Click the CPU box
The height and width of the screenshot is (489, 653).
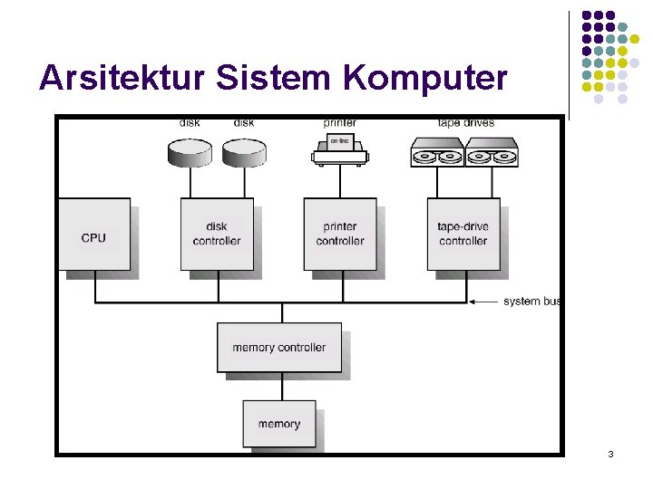(x=93, y=235)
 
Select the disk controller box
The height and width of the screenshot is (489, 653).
(x=216, y=235)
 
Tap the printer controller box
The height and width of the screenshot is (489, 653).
(x=339, y=235)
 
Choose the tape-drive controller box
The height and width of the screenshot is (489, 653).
(x=463, y=235)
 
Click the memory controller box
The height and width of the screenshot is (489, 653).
(x=278, y=348)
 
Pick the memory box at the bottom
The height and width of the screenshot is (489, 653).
(x=278, y=424)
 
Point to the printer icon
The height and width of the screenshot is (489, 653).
(x=339, y=149)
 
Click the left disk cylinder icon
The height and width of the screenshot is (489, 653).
(x=190, y=152)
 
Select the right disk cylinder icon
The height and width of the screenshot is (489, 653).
(x=244, y=152)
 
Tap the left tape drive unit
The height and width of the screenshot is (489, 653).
(x=437, y=152)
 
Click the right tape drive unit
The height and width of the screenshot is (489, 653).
(x=491, y=152)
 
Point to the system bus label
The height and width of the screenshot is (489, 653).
(x=533, y=302)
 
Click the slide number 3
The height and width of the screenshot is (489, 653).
(x=610, y=453)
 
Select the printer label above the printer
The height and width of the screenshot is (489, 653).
(x=339, y=122)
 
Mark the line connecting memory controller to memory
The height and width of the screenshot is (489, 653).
(x=282, y=386)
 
